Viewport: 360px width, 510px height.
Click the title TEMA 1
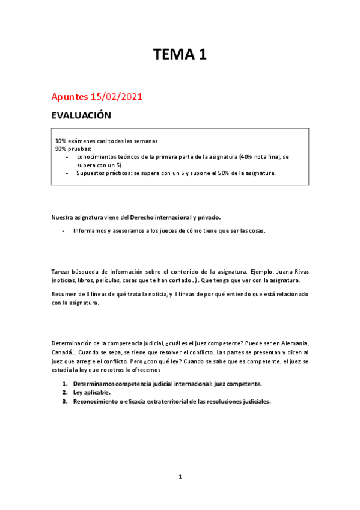tap(180, 55)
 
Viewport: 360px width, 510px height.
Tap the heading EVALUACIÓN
tap(82, 115)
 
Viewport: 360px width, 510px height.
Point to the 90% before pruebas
tap(61, 148)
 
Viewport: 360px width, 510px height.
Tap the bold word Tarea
tap(59, 272)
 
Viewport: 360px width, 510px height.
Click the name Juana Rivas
tap(309, 272)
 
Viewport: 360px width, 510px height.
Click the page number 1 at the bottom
tap(180, 476)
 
